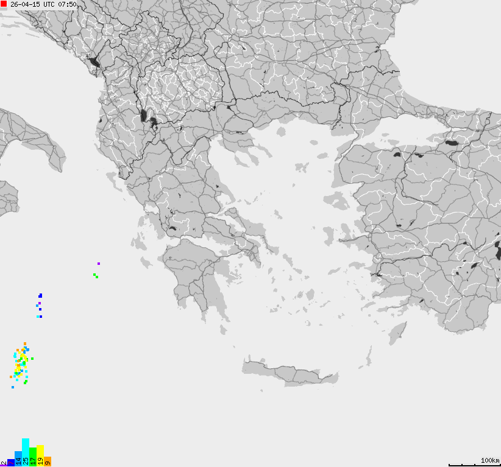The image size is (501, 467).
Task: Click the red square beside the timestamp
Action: pyautogui.click(x=4, y=4)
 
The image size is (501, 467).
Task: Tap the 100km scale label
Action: pyautogui.click(x=489, y=460)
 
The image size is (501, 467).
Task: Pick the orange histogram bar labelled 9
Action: pyautogui.click(x=48, y=462)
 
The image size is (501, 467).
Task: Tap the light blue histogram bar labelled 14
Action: pyautogui.click(x=18, y=458)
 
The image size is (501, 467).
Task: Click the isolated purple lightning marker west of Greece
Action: pyautogui.click(x=99, y=264)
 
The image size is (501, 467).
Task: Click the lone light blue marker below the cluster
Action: pyautogui.click(x=13, y=387)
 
